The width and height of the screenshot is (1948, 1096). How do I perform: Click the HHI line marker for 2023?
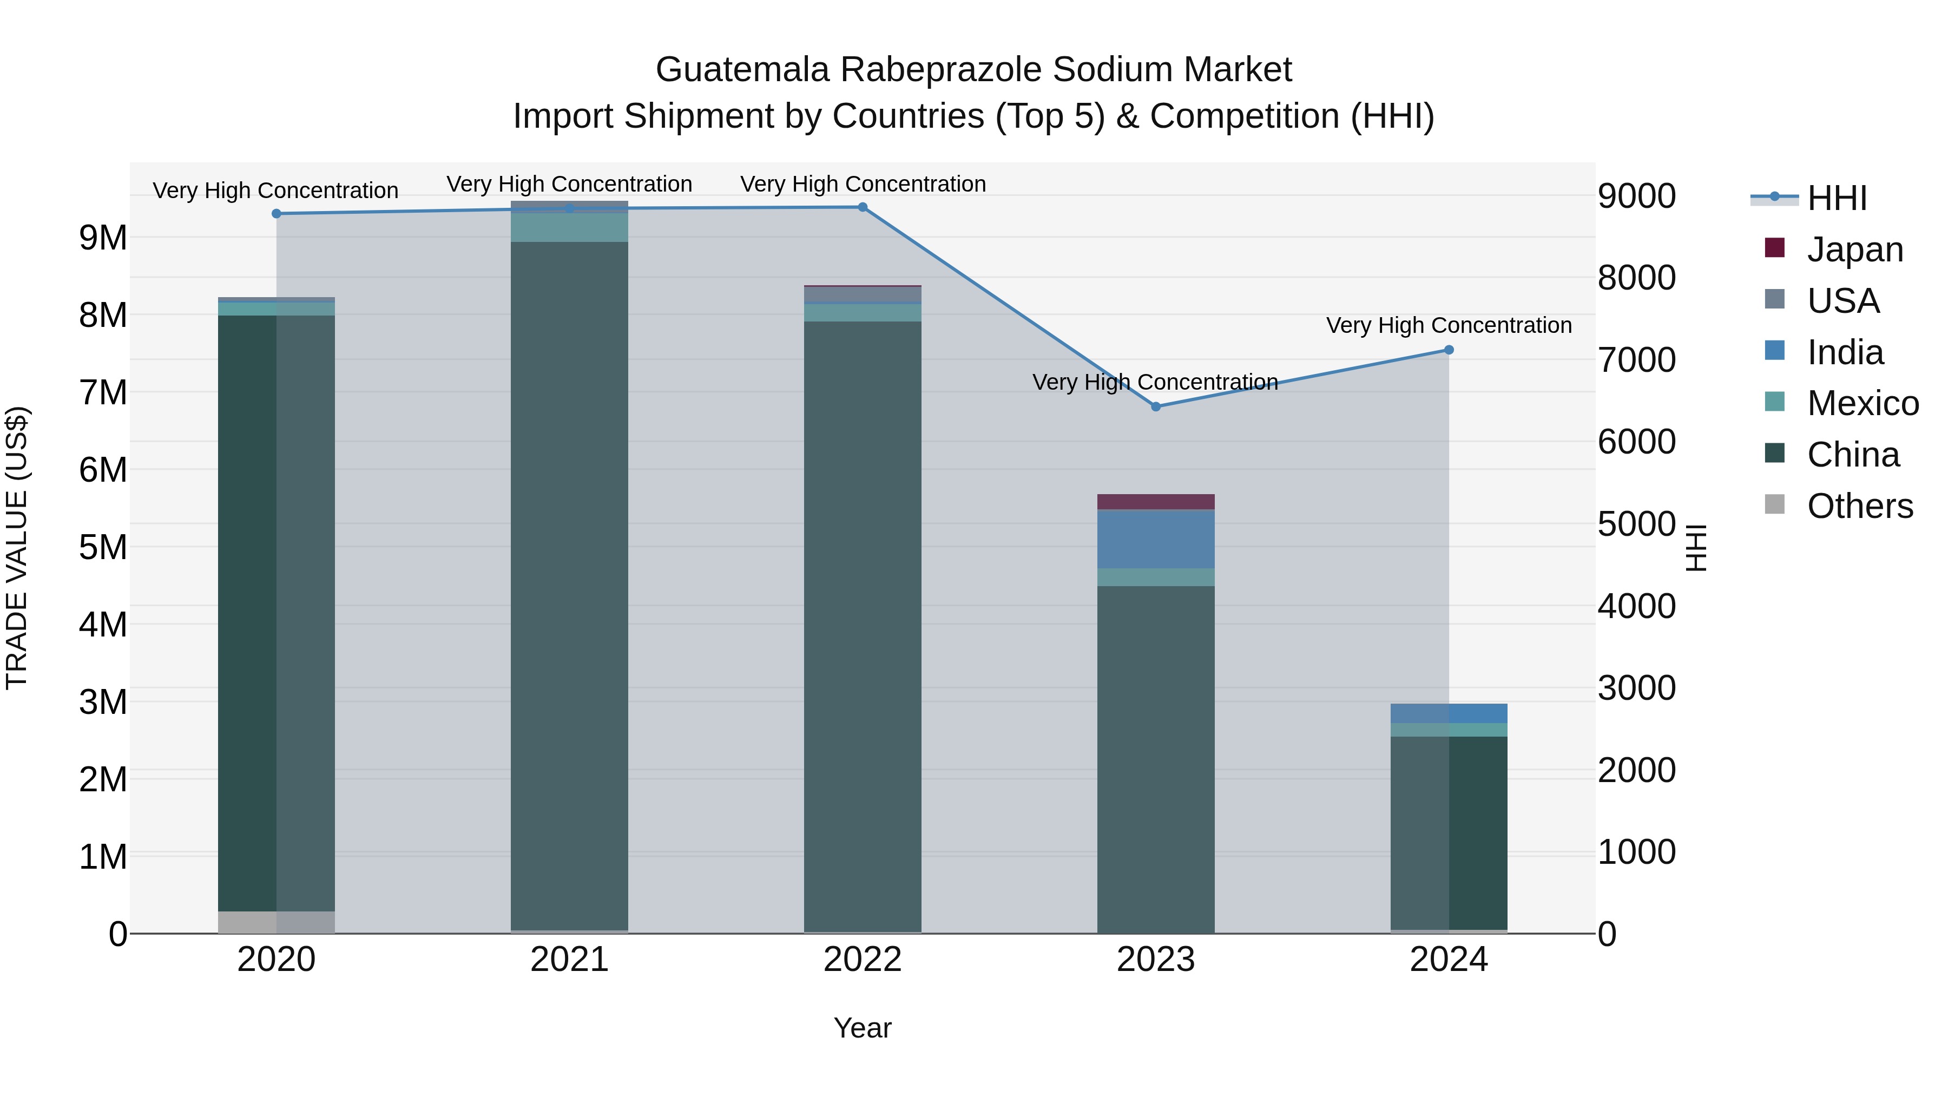point(1155,407)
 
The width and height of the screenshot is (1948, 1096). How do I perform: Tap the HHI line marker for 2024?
point(1449,350)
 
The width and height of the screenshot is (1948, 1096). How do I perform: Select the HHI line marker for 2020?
point(277,214)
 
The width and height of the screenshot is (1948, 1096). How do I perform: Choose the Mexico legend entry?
point(1862,403)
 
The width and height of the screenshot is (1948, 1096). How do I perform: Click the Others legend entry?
point(1859,506)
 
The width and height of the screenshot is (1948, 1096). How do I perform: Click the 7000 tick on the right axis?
point(1636,360)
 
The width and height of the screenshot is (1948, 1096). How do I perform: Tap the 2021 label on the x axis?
point(569,960)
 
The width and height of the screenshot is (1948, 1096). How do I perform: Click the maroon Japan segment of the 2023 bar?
point(1155,502)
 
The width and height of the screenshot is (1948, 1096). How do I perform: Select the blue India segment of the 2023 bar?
point(1155,539)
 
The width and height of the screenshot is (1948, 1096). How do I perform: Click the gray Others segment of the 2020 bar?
point(277,922)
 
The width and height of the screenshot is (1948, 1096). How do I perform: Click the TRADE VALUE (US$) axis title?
point(17,548)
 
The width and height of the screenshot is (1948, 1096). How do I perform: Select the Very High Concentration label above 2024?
point(1449,325)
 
